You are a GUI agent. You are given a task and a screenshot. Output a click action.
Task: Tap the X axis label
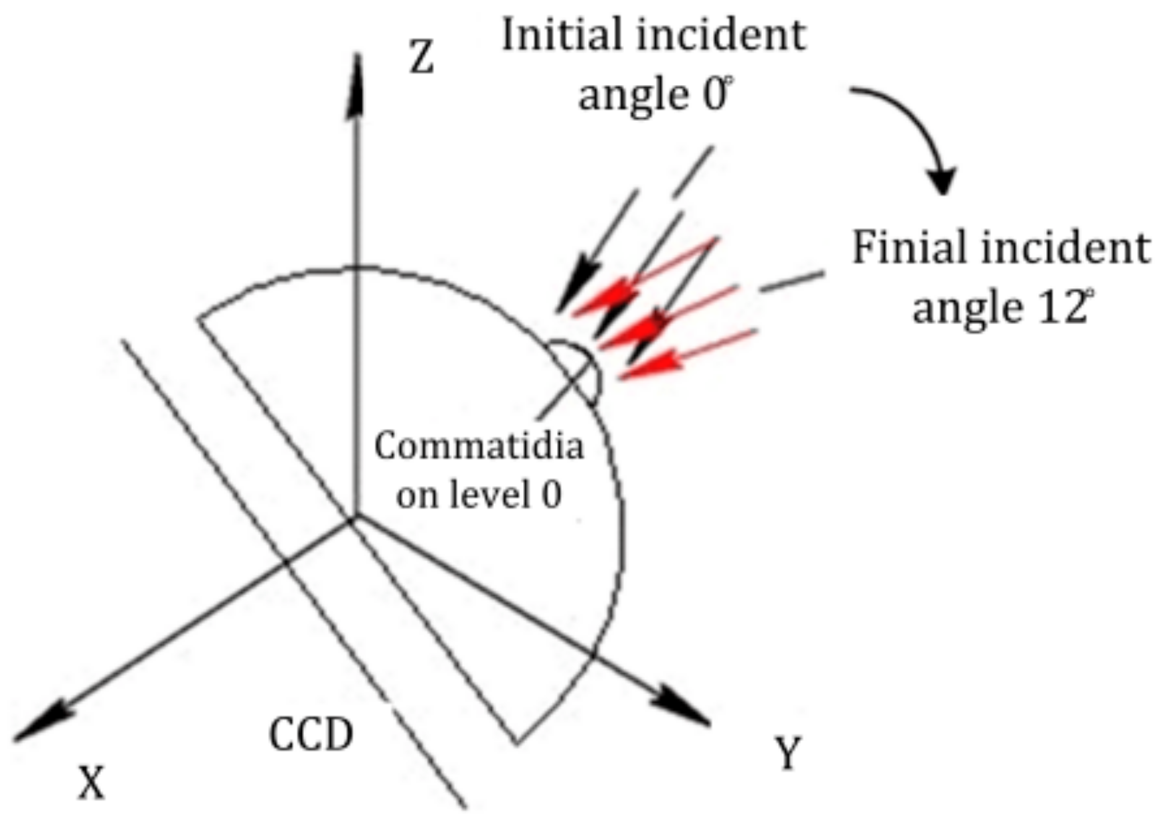pos(92,782)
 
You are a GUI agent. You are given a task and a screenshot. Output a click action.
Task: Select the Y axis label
pos(788,754)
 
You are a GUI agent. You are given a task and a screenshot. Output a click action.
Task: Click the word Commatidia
pos(479,446)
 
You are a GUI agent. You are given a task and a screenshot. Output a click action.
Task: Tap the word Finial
pos(907,248)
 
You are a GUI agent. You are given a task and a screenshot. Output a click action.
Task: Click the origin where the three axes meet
pos(354,518)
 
